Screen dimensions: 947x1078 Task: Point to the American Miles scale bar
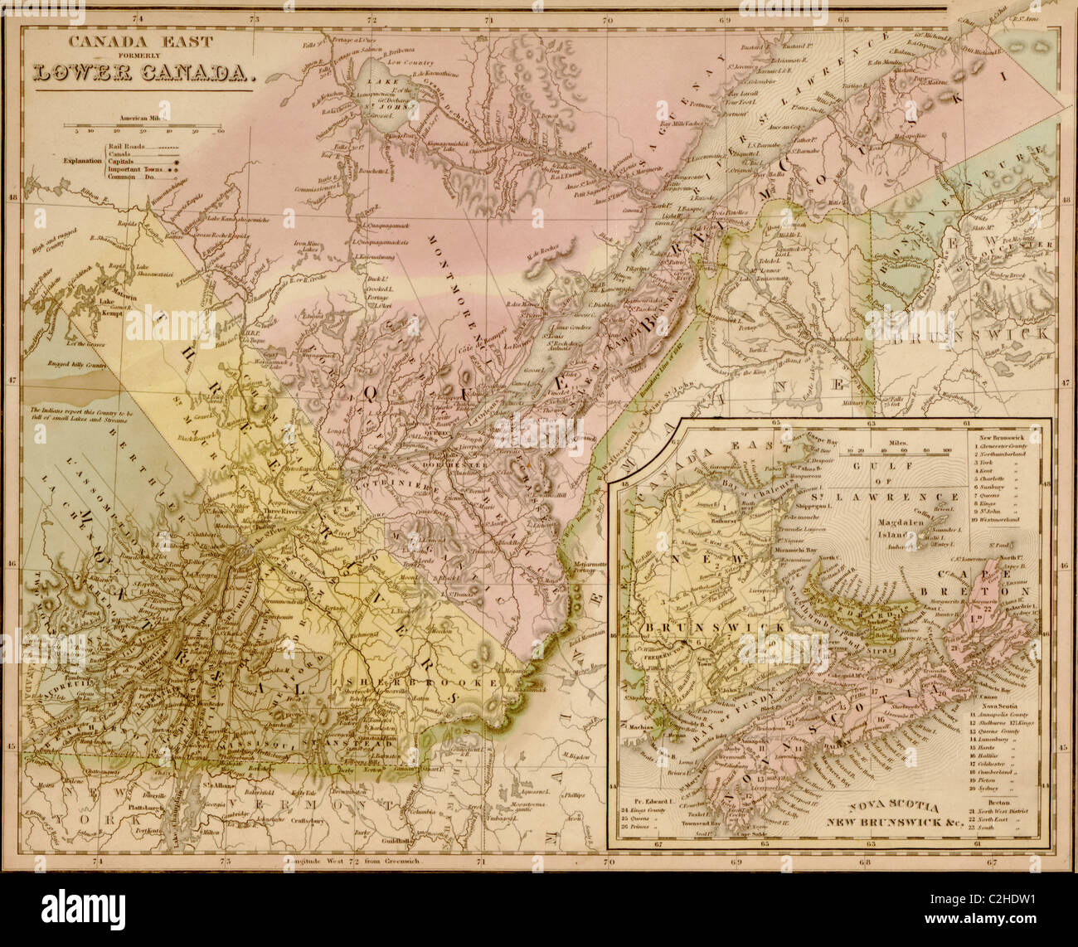tap(146, 127)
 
